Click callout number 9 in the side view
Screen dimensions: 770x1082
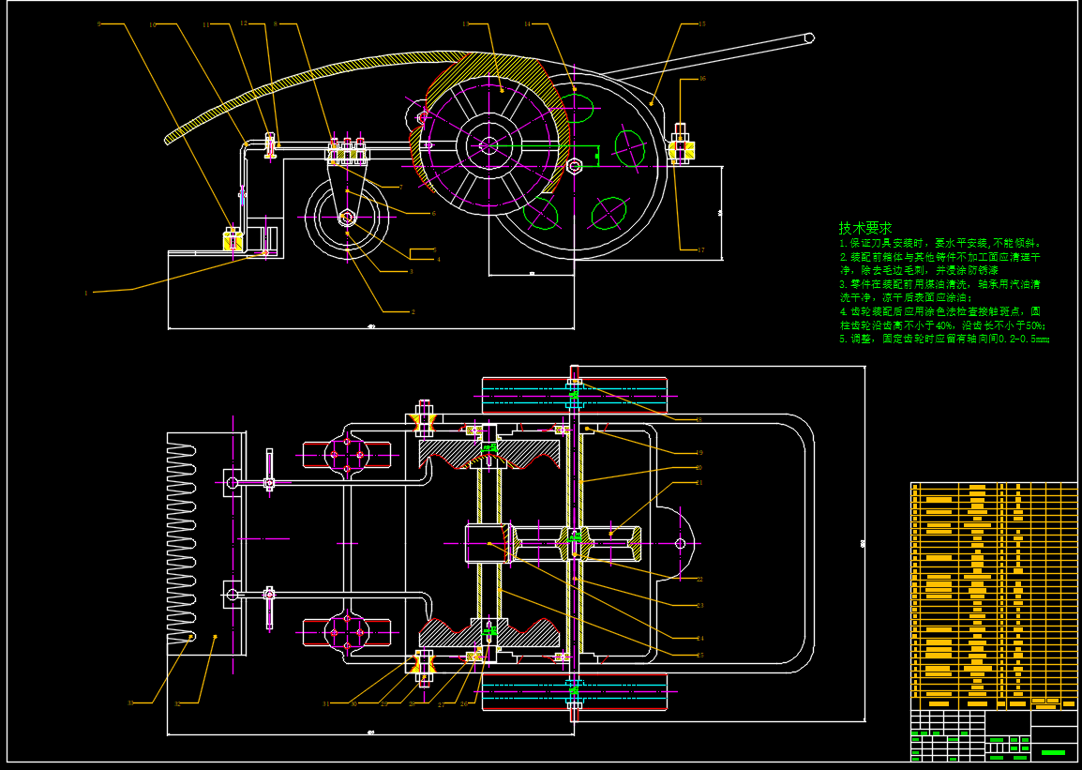99,23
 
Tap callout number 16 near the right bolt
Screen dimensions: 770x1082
701,79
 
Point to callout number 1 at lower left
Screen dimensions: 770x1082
86,293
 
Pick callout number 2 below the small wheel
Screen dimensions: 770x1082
412,311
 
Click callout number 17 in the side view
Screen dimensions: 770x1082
700,249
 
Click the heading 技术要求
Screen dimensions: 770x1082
864,228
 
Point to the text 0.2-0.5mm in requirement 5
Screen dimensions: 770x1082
1025,340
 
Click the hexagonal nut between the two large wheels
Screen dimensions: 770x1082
576,166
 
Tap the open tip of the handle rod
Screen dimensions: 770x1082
809,38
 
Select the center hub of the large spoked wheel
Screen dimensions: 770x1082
488,144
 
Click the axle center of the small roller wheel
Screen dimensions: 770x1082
346,218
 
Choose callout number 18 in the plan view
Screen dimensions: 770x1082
699,419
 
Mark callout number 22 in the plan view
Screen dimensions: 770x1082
699,579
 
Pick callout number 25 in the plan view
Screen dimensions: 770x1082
699,654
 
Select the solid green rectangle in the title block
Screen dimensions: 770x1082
1053,752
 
